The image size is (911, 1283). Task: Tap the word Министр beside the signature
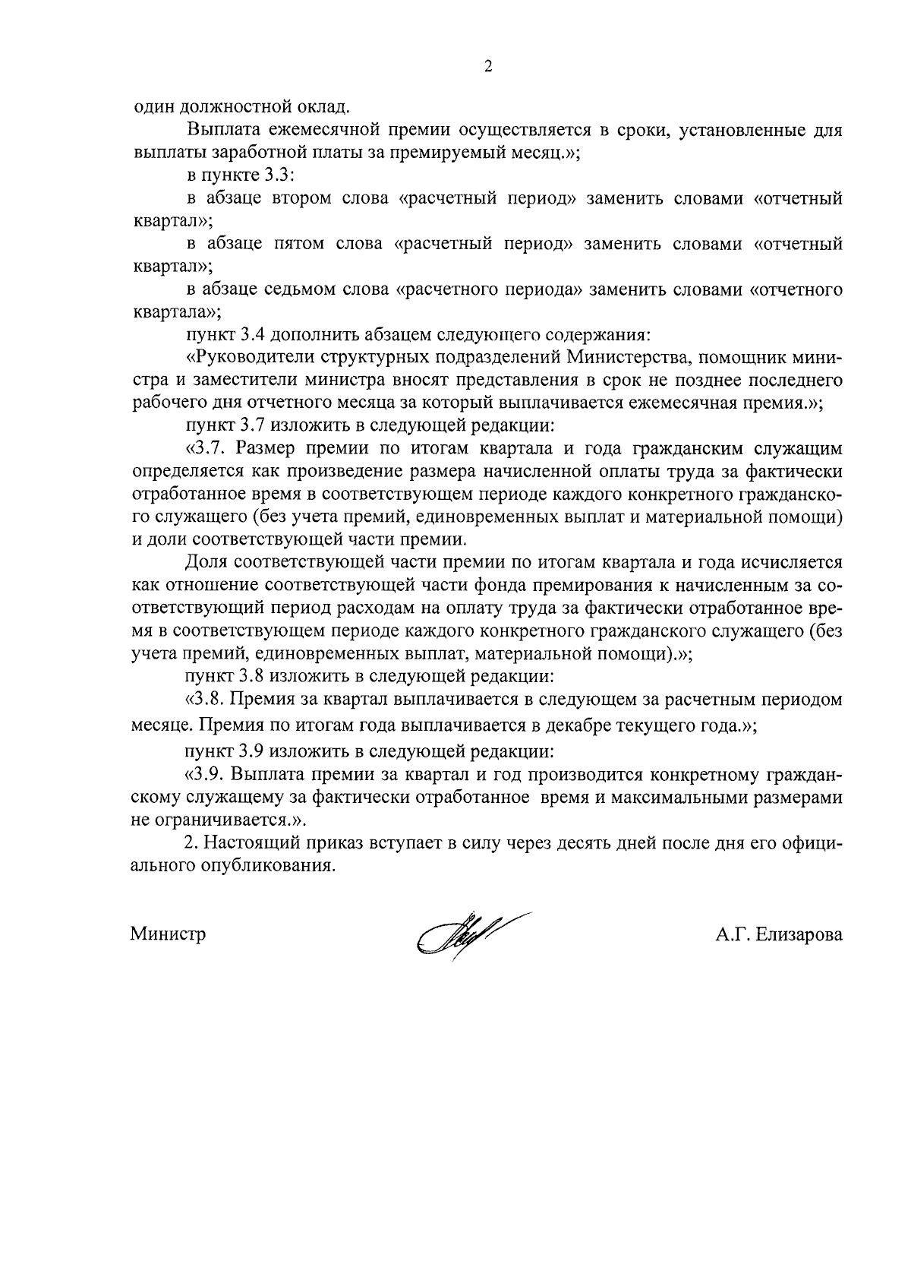pyautogui.click(x=168, y=934)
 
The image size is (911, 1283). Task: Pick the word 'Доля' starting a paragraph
pyautogui.click(x=205, y=562)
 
